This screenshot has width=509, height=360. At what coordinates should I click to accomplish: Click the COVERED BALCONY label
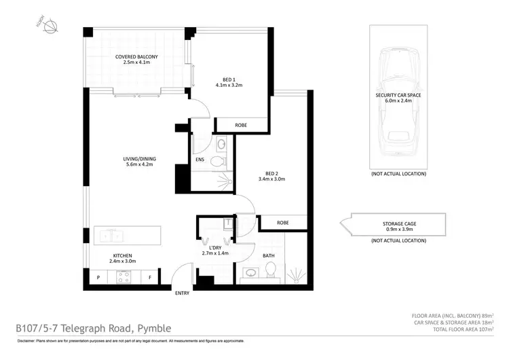point(140,58)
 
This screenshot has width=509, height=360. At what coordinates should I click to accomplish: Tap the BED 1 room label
point(229,77)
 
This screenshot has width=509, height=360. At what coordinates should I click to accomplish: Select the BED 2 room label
point(271,175)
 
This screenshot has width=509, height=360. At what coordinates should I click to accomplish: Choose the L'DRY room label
point(216,247)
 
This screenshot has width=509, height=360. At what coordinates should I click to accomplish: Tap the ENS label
point(200,160)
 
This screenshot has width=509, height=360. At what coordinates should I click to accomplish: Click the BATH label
point(268,256)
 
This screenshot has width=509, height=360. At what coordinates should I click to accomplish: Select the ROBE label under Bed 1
point(241,126)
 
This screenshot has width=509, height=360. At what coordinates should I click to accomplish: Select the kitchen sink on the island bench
point(109,236)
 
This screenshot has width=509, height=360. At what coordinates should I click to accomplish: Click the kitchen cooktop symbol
point(124,276)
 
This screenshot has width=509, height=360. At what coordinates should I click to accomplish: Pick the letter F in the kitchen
point(149,278)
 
